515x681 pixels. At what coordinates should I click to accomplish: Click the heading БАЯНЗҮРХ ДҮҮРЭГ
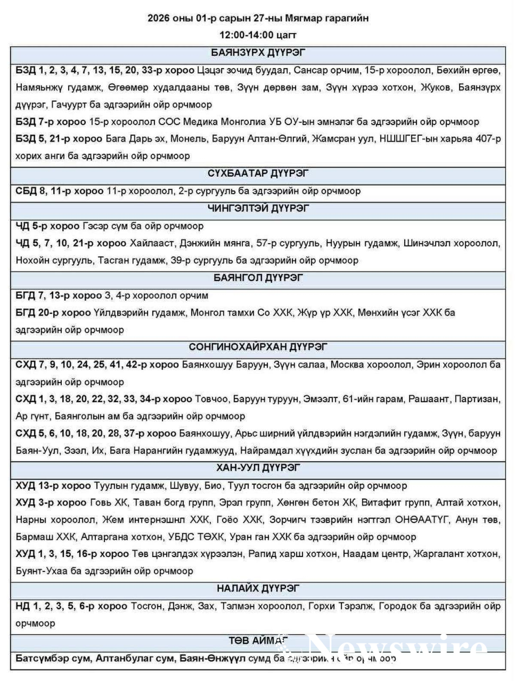258,53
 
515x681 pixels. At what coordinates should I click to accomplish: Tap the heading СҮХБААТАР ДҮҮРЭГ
258,174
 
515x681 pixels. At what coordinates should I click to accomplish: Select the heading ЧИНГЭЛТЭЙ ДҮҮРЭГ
258,208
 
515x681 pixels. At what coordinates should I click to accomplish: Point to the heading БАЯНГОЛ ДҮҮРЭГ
258,278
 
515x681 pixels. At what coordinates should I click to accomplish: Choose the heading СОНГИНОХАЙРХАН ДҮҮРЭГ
258,347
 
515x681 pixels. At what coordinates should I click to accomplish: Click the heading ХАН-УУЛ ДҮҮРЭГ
258,467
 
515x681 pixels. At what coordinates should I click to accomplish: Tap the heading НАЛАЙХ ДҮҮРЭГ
258,588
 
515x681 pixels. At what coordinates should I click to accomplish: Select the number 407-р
488,139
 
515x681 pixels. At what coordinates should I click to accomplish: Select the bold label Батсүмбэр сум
52,658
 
